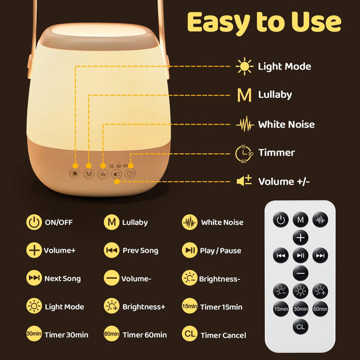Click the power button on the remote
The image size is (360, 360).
pyautogui.click(x=281, y=219)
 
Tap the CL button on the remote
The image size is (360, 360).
pyautogui.click(x=300, y=326)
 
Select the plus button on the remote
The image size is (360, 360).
pyautogui.click(x=300, y=237)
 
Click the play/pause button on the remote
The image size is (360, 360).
pyautogui.click(x=300, y=255)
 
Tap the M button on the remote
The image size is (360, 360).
pyautogui.click(x=300, y=219)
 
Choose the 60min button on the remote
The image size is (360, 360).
pyautogui.click(x=320, y=309)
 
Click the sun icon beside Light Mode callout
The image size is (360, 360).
pyautogui.click(x=244, y=66)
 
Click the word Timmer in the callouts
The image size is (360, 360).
pyautogui.click(x=276, y=153)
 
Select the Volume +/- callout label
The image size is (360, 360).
pyautogui.click(x=283, y=181)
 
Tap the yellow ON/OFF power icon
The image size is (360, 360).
pyautogui.click(x=34, y=222)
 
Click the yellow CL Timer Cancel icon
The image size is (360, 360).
pyautogui.click(x=189, y=333)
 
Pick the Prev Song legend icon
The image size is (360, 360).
pyautogui.click(x=111, y=250)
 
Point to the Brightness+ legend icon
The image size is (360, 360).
pyautogui.click(x=111, y=306)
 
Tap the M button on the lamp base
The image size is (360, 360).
pyautogui.click(x=89, y=174)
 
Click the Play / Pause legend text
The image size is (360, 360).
pyautogui.click(x=220, y=250)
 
